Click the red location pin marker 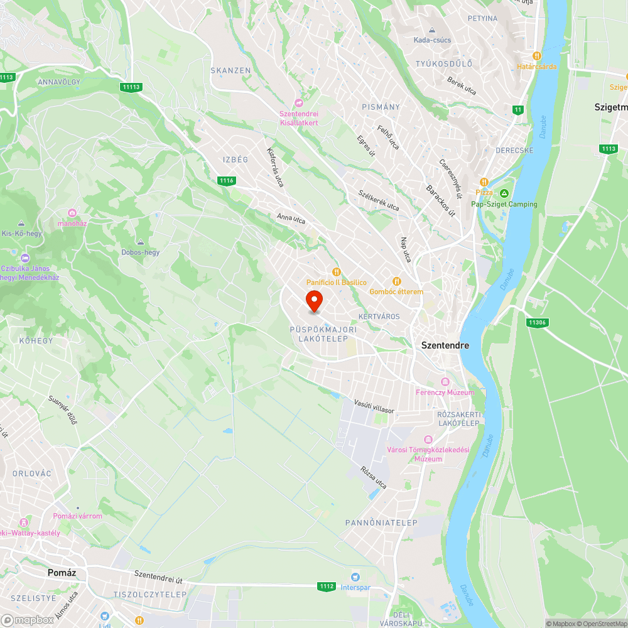point(314,300)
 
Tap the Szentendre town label point(445,345)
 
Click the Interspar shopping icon point(356,577)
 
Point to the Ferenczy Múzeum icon point(445,382)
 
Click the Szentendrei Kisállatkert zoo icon point(299,103)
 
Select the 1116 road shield point(227,181)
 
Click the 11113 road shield point(131,87)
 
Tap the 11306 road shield point(536,322)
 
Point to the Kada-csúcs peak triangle point(432,30)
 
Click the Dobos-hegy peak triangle point(140,242)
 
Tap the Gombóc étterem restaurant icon point(396,281)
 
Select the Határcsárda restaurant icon point(536,56)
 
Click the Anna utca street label point(291,219)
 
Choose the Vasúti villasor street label point(374,406)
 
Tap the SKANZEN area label point(230,71)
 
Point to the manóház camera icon point(72,214)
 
